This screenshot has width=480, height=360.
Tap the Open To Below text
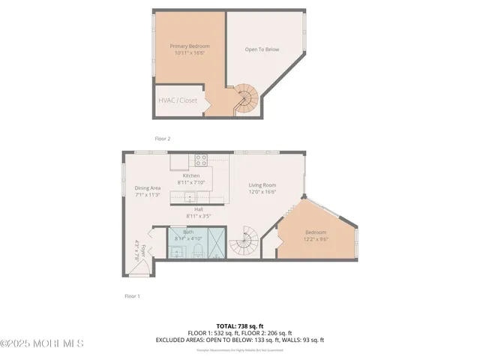click(x=262, y=50)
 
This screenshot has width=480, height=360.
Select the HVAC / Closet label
click(x=177, y=100)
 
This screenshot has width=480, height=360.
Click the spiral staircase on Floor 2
click(x=247, y=97)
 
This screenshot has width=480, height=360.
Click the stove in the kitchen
click(x=201, y=159)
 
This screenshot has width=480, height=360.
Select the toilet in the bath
click(x=196, y=250)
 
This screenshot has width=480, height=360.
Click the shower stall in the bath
click(x=215, y=242)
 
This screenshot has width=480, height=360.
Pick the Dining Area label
click(x=148, y=188)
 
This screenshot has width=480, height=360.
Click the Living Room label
click(x=262, y=184)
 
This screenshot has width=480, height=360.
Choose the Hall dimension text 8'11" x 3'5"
click(x=198, y=216)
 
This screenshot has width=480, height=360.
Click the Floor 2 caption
click(x=163, y=139)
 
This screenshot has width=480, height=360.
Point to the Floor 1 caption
click(x=132, y=296)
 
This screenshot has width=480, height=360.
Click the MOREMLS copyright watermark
click(x=42, y=343)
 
